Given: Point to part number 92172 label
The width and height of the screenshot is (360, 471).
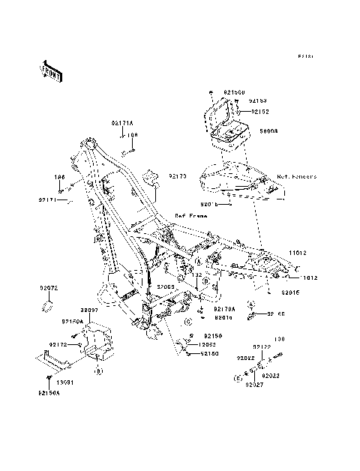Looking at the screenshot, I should tap(59, 344).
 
